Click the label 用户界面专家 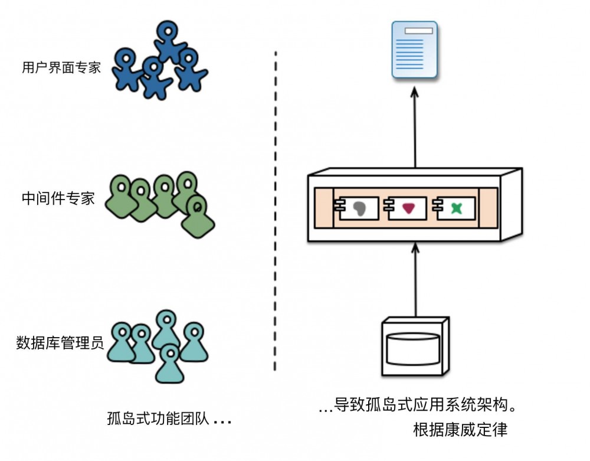61,67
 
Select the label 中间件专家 58,198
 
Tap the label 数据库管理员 60,342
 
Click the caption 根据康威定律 460,430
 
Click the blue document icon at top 415,50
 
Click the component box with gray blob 359,207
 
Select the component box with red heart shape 407,207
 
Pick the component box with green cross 455,207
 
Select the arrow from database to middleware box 415,280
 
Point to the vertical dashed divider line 276,212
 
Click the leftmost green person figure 121,198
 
